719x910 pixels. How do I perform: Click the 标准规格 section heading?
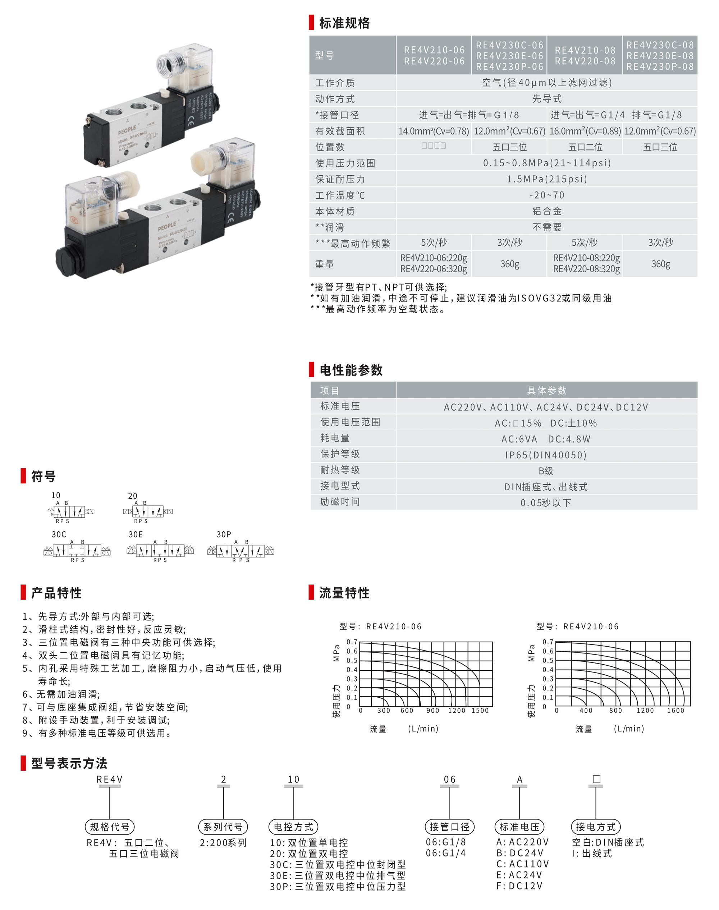point(344,23)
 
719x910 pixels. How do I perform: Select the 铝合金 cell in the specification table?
point(546,211)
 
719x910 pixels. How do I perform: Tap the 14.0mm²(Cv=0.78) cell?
point(434,131)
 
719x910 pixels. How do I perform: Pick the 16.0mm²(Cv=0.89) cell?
point(585,131)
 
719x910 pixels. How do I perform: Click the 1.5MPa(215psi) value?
point(546,179)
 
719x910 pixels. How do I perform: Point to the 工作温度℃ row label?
point(340,195)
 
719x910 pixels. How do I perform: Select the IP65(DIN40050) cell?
point(546,455)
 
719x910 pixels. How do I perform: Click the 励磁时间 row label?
point(340,502)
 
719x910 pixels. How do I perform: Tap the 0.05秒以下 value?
point(546,503)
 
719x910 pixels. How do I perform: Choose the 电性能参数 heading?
point(351,370)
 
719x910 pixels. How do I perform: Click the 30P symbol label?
point(224,534)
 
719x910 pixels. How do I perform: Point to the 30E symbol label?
point(136,534)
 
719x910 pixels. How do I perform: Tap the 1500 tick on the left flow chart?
point(480,711)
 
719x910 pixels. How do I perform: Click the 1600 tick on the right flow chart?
point(675,711)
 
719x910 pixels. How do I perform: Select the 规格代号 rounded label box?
point(110,827)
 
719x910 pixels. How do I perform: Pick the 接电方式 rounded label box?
point(596,827)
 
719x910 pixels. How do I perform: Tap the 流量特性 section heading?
point(344,593)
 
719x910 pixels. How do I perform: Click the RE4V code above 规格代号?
point(109,780)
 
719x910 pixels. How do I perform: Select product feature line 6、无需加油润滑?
point(61,694)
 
